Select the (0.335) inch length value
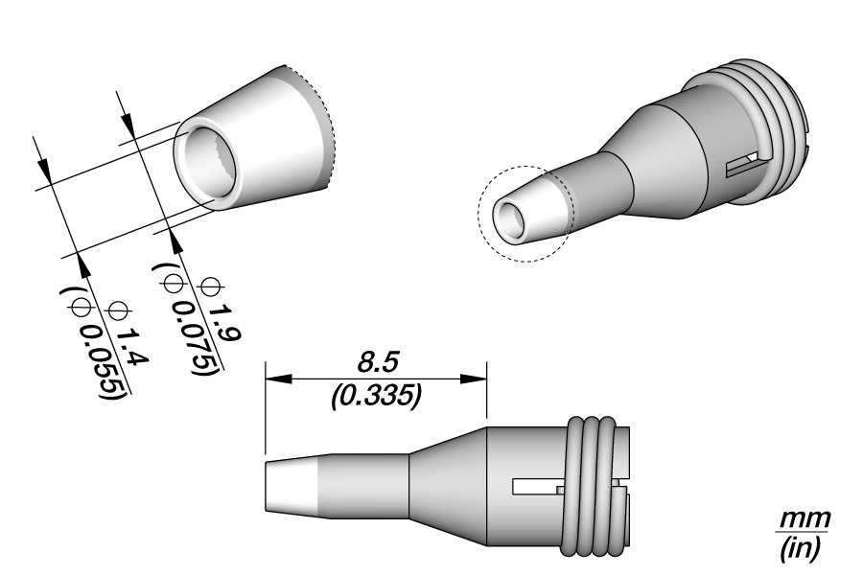coord(377,397)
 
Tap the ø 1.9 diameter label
coord(218,311)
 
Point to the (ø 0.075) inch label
coord(187,318)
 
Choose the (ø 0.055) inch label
coord(95,342)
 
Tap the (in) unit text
coord(802,547)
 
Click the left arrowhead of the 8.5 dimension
coord(278,379)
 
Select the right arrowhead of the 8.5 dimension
coord(474,379)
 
